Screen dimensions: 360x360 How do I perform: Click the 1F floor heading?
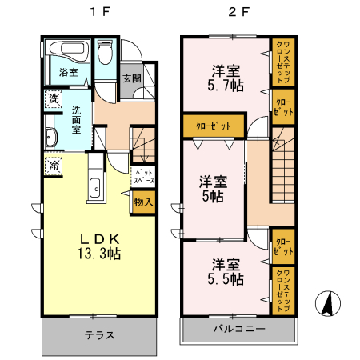(97, 13)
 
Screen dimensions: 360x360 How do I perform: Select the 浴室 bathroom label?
(68, 73)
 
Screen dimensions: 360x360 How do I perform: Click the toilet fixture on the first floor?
(103, 55)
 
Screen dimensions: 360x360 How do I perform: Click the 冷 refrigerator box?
(52, 166)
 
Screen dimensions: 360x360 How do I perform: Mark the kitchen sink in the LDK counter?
(94, 190)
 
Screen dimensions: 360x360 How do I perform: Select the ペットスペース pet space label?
(144, 177)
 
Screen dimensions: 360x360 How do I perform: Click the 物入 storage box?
(144, 203)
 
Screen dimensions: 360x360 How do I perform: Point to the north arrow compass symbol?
(326, 305)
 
